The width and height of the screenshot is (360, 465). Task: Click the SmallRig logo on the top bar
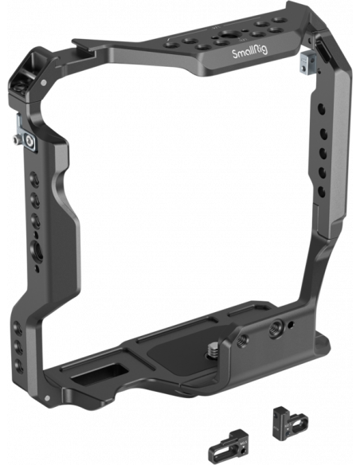[x=249, y=53]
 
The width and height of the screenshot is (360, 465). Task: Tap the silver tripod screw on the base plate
[x=213, y=350]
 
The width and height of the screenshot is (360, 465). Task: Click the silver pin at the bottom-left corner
[x=47, y=397]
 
